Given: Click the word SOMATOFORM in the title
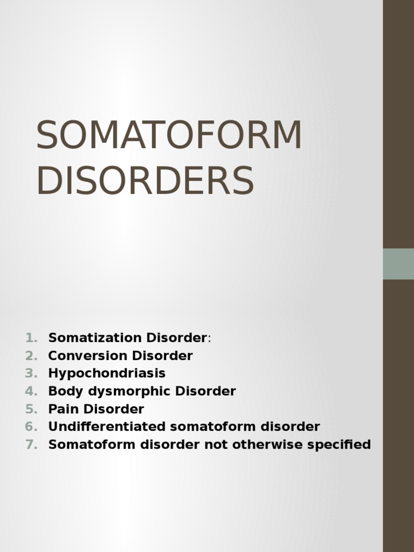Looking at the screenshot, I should pos(169,135).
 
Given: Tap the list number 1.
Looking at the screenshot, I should pos(30,338).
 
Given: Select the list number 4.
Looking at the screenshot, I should pos(30,391).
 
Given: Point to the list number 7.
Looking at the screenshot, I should pos(30,445).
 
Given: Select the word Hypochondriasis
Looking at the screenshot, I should pos(107,374).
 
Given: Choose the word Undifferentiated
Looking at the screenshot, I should pos(107,427).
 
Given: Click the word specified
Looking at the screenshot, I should pos(343,445).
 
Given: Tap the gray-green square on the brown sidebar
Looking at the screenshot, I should pos(398,264).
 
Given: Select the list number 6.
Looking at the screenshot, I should pos(30,427).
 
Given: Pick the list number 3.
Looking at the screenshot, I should pos(30,374).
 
